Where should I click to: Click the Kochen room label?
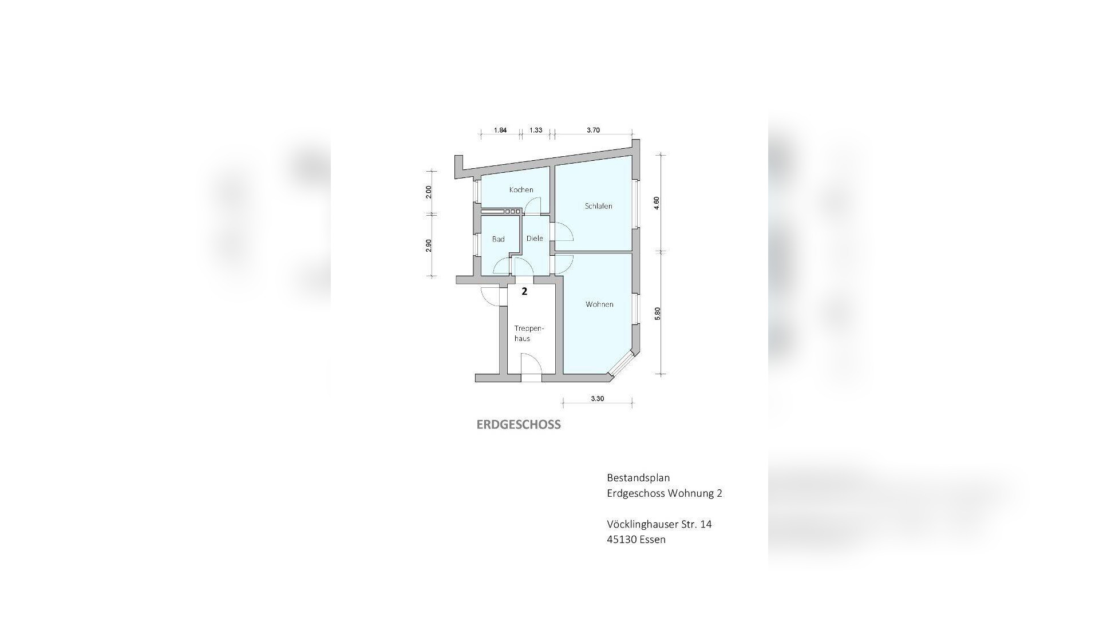point(521,189)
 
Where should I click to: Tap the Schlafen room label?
point(598,206)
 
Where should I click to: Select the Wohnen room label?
point(599,304)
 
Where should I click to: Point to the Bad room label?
point(498,239)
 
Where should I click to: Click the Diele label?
point(535,239)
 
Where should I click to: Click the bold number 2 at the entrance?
point(524,291)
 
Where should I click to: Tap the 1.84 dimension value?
point(500,130)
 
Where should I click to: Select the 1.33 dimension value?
point(536,130)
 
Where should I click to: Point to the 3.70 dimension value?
point(594,130)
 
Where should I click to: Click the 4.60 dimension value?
point(657,203)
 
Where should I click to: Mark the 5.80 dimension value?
point(658,314)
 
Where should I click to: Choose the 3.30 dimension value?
point(598,399)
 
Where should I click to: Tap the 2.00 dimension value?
point(429,192)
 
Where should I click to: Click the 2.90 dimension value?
point(429,245)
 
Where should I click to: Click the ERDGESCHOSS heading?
point(519,425)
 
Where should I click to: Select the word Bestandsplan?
point(638,478)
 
